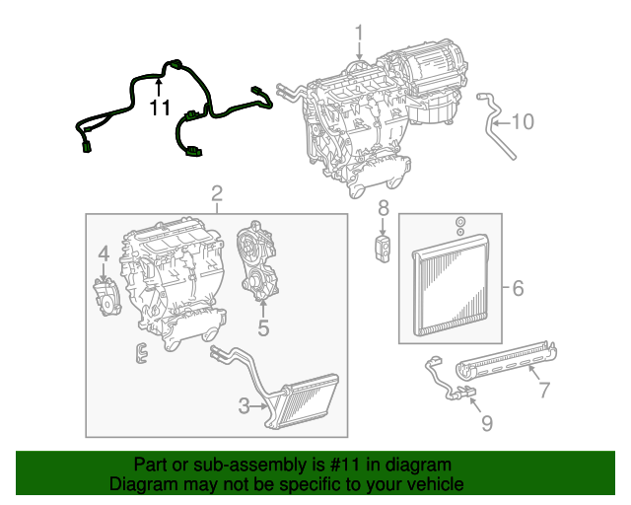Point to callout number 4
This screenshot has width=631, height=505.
pyautogui.click(x=103, y=256)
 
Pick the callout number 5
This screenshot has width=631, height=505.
pyautogui.click(x=263, y=326)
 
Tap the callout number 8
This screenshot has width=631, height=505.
pyautogui.click(x=384, y=208)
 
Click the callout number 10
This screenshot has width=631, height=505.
pyautogui.click(x=523, y=122)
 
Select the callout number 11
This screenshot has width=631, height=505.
pyautogui.click(x=160, y=107)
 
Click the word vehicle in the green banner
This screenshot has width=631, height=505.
pyautogui.click(x=435, y=485)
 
